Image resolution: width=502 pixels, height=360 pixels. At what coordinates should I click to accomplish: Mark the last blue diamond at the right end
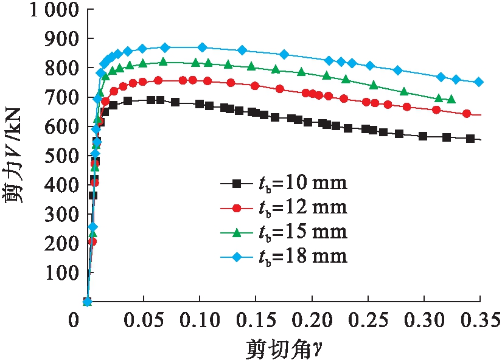click(479, 82)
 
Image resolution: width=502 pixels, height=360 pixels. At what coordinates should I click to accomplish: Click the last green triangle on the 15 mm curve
click(451, 99)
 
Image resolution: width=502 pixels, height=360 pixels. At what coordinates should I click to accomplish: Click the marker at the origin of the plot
click(88, 302)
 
